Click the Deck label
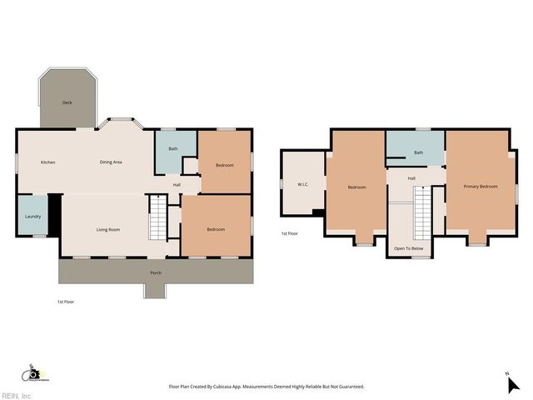point(67,102)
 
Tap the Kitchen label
point(48,162)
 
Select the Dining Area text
point(111,162)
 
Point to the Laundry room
point(32,217)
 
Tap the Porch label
point(156,273)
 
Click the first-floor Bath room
point(173,149)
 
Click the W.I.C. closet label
point(303,184)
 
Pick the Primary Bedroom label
point(481,187)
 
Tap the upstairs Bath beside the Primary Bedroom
point(418,152)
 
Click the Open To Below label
point(408,248)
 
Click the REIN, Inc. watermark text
point(17,396)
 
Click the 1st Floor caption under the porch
point(66,301)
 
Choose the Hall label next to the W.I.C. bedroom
point(411,178)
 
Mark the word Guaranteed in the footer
point(347,387)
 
